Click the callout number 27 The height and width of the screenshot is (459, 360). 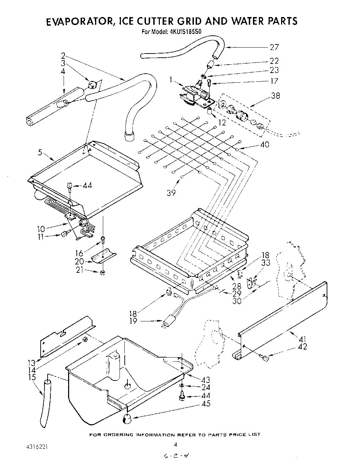274,47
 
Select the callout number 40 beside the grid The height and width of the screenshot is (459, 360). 264,144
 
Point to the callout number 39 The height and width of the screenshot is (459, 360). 171,193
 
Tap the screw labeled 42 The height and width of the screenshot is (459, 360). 266,358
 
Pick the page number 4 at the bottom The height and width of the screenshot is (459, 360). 175,444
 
